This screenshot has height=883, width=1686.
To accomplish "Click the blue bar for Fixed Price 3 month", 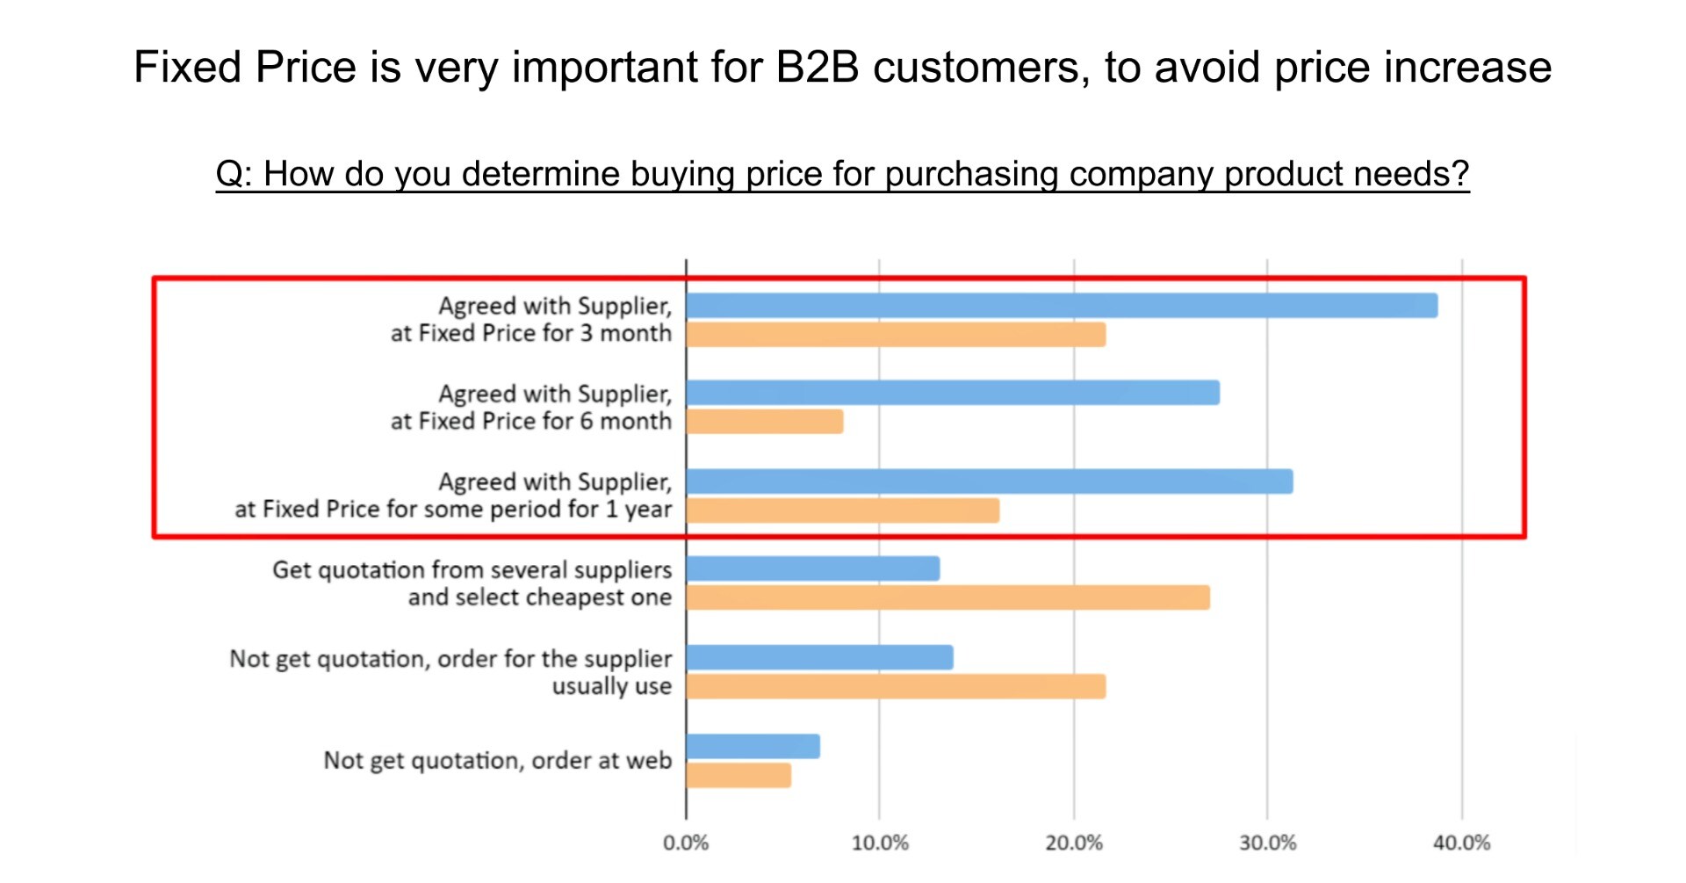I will pyautogui.click(x=1062, y=306).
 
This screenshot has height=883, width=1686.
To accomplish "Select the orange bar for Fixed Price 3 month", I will pyautogui.click(x=896, y=335).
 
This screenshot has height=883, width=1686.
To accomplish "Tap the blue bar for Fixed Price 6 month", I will pyautogui.click(x=953, y=393).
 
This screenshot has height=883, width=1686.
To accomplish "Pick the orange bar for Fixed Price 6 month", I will pyautogui.click(x=765, y=422).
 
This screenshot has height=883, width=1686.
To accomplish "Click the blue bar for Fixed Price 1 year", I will pyautogui.click(x=990, y=481).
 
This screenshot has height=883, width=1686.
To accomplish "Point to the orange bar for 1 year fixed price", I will pyautogui.click(x=843, y=510).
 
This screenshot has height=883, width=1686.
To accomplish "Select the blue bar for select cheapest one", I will pyautogui.click(x=813, y=569).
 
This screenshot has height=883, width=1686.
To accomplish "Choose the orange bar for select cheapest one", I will pyautogui.click(x=948, y=598).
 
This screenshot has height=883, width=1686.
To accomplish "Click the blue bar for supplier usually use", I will pyautogui.click(x=820, y=657).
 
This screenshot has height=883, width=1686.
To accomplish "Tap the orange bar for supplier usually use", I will pyautogui.click(x=896, y=686).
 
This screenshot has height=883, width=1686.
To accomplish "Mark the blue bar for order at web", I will pyautogui.click(x=753, y=747).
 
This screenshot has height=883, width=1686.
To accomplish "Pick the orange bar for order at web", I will pyautogui.click(x=739, y=776).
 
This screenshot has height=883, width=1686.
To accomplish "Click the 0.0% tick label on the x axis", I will pyautogui.click(x=686, y=843).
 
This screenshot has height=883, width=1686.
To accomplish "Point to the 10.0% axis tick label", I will pyautogui.click(x=880, y=843).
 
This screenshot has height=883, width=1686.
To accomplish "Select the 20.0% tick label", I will pyautogui.click(x=1074, y=843).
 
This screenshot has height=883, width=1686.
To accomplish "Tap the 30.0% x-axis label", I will pyautogui.click(x=1267, y=843).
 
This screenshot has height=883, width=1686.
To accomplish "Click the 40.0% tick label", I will pyautogui.click(x=1462, y=843).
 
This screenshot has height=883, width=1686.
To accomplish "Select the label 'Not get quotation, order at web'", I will pyautogui.click(x=497, y=761).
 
